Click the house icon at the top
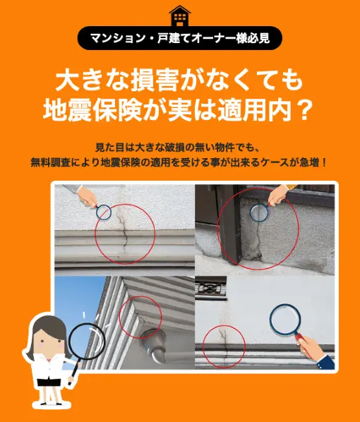(x=180, y=16)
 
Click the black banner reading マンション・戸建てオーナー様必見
(x=179, y=38)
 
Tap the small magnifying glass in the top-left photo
(x=104, y=212)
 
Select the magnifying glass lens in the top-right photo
(x=259, y=212)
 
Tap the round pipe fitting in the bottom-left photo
(x=153, y=342)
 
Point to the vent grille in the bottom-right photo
(x=210, y=288)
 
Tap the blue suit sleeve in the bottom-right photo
(x=326, y=363)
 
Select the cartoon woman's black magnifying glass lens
(x=87, y=341)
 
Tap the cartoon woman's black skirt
(x=49, y=382)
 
